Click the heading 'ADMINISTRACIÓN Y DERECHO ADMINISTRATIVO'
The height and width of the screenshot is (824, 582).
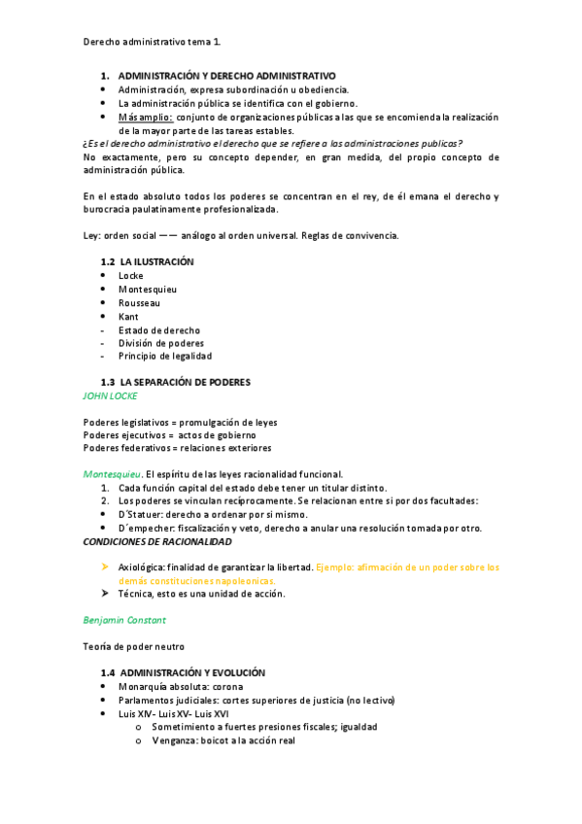click(x=226, y=76)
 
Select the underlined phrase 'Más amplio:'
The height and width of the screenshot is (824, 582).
click(x=145, y=117)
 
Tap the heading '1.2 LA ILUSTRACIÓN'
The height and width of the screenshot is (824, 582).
click(x=148, y=262)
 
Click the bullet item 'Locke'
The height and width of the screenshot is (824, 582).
click(x=130, y=276)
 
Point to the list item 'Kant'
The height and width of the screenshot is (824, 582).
click(x=128, y=317)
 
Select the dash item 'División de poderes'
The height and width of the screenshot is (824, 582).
click(x=160, y=343)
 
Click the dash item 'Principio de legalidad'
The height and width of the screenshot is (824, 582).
click(x=165, y=357)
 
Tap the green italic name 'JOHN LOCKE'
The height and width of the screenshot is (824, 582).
click(x=111, y=396)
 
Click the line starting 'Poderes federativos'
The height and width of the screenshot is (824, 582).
click(x=177, y=448)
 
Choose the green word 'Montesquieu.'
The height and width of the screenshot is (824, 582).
click(x=113, y=474)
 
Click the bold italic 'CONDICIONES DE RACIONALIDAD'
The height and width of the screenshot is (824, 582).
click(x=157, y=541)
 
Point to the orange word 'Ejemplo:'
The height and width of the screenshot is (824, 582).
click(x=336, y=566)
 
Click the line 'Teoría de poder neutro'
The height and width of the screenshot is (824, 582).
click(x=134, y=646)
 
